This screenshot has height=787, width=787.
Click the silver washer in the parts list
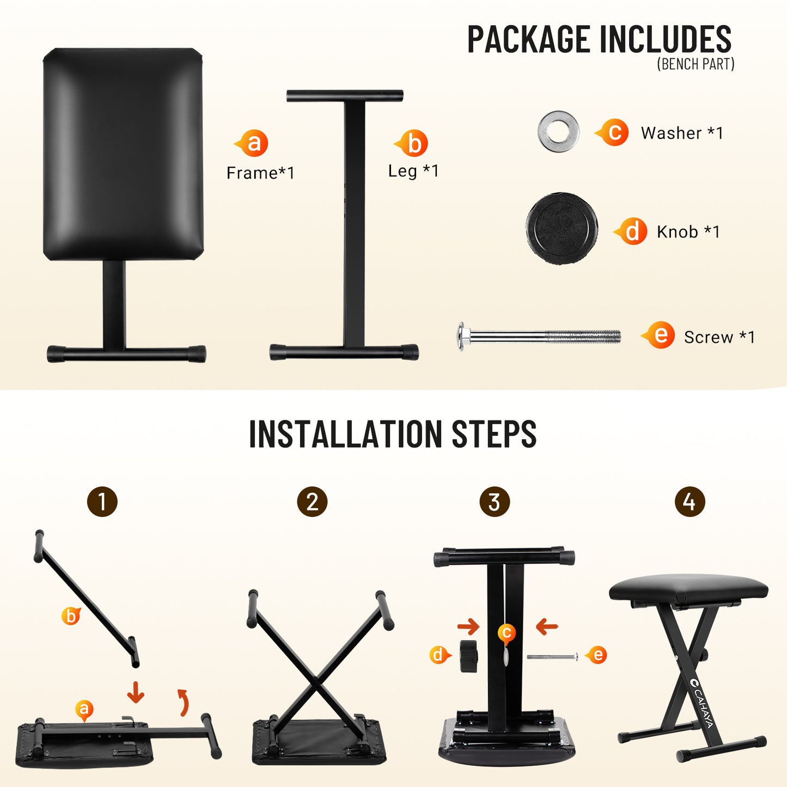pos(558,131)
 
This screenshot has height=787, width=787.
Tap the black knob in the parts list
pos(562,228)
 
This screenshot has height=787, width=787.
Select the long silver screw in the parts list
pos(539,336)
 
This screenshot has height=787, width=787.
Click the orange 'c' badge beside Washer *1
pos(614,132)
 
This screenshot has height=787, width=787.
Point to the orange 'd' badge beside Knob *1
pos(632,231)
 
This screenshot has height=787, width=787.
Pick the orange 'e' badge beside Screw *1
pos(660,335)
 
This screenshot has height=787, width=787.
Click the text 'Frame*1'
pos(260,173)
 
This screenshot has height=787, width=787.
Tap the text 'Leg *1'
pos(413,171)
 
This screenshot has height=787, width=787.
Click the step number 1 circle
pos(102,502)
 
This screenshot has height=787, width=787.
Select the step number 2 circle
pos(312,502)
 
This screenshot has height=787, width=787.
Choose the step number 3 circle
pos(495,502)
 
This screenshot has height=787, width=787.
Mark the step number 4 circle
pos(690,502)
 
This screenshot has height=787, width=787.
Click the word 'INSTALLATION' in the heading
pos(345,434)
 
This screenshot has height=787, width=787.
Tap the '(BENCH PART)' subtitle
pos(696,64)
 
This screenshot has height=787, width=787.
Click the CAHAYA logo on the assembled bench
pos(701,703)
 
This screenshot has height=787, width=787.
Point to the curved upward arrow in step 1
pos(184,702)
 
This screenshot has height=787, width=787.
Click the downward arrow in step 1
pos(136,692)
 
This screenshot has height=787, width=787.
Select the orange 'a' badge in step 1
pos(84,709)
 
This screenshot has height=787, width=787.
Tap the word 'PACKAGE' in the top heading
pos(528,39)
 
